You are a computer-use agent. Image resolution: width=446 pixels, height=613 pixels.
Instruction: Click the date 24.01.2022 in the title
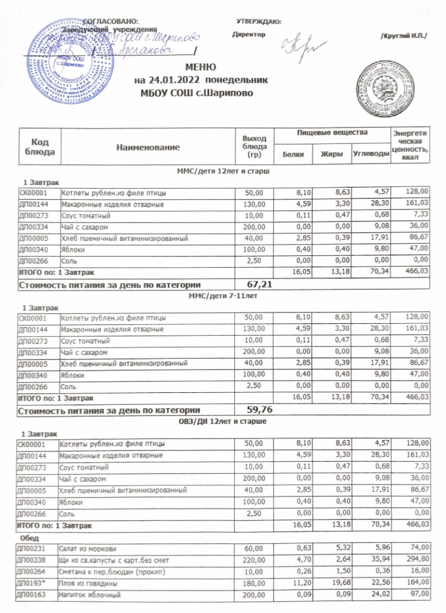[173, 79]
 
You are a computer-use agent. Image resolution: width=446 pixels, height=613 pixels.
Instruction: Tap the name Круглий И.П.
[403, 36]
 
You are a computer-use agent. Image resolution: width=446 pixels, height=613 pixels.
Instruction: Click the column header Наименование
[147, 146]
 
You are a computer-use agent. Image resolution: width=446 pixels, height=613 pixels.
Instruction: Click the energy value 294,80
[416, 558]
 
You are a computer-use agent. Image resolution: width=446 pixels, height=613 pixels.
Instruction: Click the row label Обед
[30, 536]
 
